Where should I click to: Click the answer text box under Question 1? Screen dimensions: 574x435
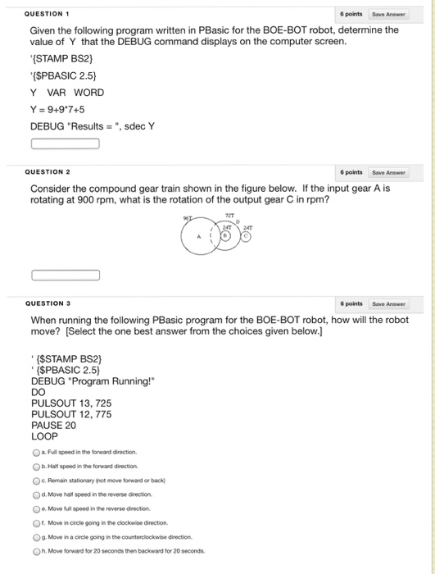[x=66, y=144]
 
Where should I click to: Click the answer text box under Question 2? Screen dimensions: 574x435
[x=66, y=275]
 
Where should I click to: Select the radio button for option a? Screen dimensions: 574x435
[x=36, y=452]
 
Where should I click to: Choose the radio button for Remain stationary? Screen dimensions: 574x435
[x=36, y=481]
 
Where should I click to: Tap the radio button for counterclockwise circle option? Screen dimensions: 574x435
[x=36, y=536]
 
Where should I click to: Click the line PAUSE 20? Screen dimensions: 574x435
[x=53, y=426]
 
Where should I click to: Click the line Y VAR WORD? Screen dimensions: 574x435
[x=67, y=93]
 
